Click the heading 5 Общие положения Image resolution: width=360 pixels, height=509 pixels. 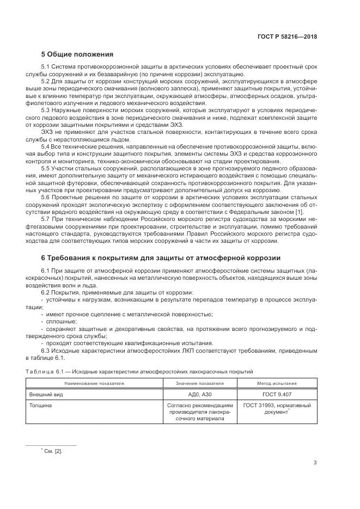click(x=77, y=54)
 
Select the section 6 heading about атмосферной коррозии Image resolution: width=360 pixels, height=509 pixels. click(x=161, y=257)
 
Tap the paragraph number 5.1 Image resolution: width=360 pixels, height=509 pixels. click(x=46, y=67)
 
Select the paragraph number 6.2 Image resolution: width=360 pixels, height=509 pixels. click(x=46, y=293)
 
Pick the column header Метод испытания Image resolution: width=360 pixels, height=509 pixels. click(x=277, y=384)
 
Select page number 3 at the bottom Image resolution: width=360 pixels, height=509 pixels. click(x=315, y=463)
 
